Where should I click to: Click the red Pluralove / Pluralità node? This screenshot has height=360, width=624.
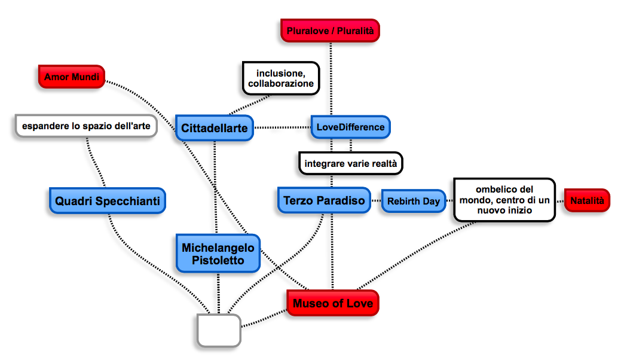[330, 30]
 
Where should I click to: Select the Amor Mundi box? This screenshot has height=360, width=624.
[71, 77]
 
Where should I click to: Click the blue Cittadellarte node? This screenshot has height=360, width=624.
[215, 128]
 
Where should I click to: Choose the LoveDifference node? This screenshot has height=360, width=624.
[350, 127]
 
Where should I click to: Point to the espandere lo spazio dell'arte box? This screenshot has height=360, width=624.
[86, 126]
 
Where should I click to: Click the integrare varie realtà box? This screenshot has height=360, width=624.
[351, 163]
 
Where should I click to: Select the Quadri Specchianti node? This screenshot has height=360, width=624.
[107, 202]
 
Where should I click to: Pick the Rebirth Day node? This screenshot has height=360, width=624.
[413, 202]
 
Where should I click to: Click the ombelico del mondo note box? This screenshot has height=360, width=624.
[504, 200]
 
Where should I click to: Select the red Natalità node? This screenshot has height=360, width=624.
[587, 200]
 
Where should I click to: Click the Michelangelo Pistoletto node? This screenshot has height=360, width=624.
[218, 254]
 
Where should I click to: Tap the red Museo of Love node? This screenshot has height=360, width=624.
[333, 303]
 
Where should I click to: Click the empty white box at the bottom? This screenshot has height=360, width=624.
[219, 330]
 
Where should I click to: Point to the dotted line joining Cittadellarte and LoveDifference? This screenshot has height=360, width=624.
[283, 127]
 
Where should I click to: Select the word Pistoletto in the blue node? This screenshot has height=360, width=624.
[218, 260]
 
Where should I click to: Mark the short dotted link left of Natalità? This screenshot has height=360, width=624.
[560, 201]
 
